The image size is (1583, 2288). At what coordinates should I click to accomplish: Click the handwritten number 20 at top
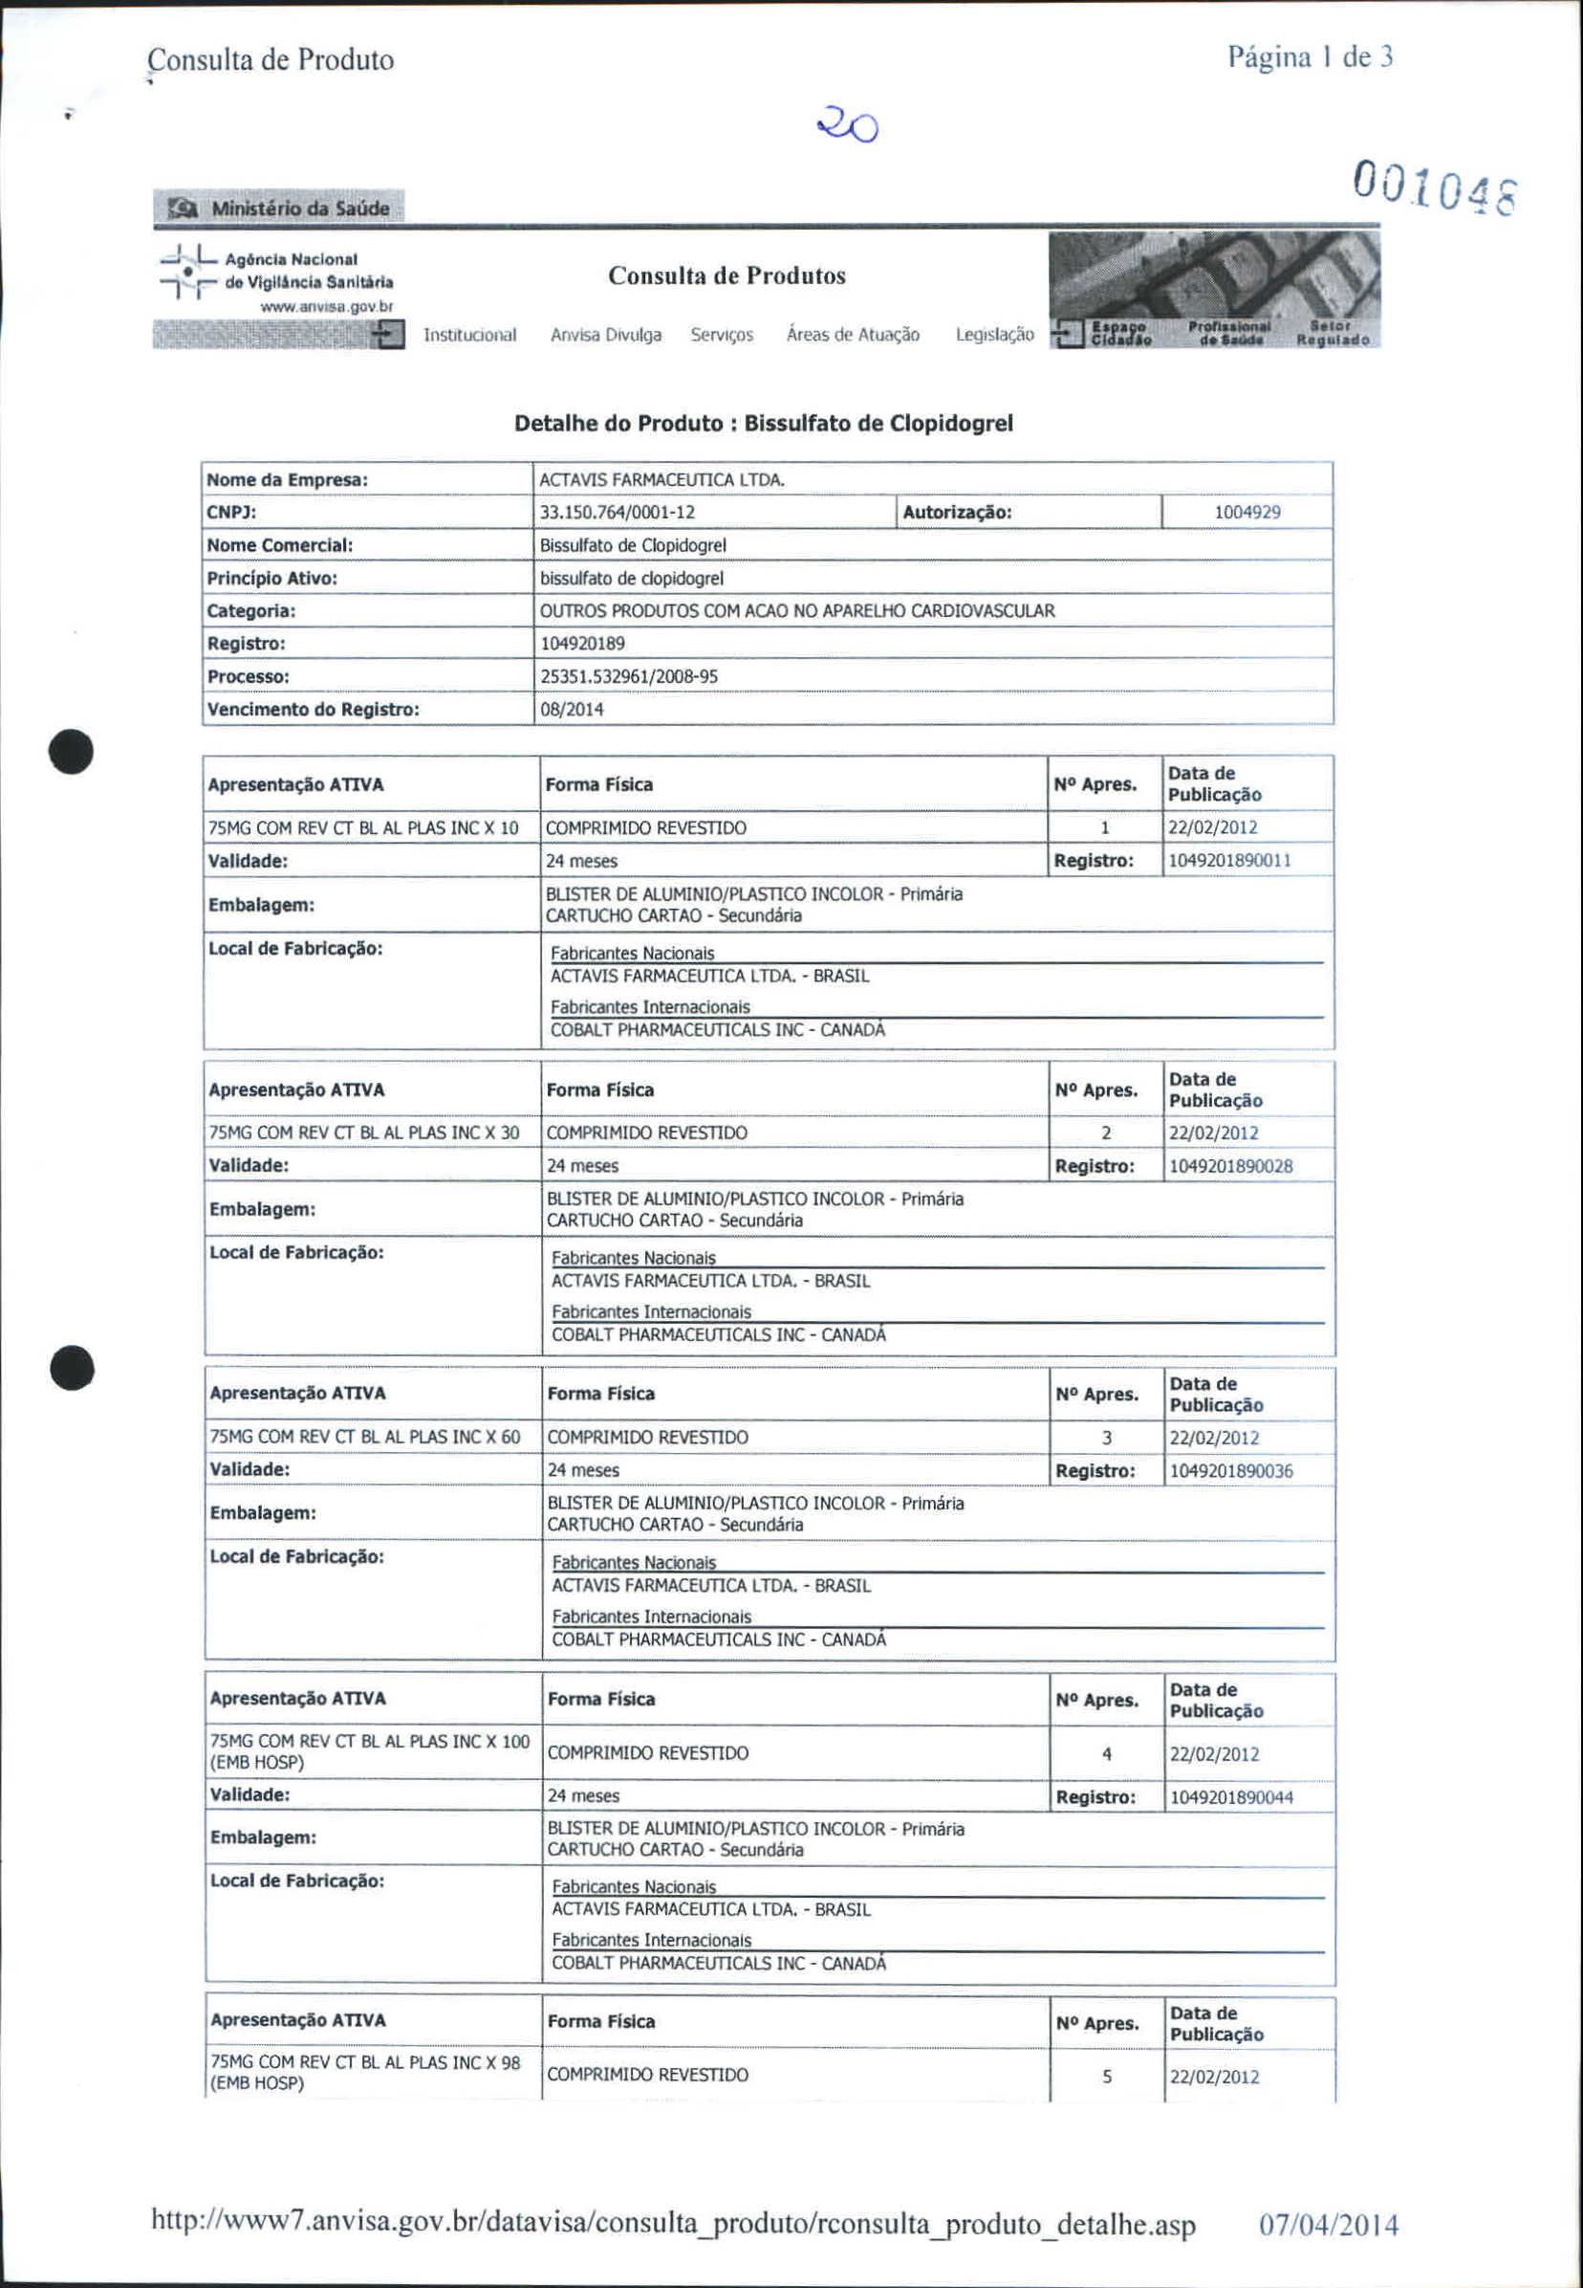847,127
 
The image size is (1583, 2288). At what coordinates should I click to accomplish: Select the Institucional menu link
469,336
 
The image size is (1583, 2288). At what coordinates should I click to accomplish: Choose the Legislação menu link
994,336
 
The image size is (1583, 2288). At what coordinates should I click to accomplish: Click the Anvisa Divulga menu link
605,336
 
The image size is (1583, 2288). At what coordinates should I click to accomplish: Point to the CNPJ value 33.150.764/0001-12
617,513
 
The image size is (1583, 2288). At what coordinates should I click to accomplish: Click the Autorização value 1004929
1247,513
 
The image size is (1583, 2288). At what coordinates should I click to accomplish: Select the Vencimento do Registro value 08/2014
572,710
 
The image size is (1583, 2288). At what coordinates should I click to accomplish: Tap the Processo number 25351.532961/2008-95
629,676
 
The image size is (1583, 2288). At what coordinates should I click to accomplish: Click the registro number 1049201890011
1229,860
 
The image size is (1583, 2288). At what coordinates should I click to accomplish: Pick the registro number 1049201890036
1231,1470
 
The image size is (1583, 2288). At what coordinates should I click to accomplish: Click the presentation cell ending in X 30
364,1133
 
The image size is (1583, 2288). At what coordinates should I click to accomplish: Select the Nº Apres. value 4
1106,1754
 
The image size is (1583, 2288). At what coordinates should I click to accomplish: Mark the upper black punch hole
73,751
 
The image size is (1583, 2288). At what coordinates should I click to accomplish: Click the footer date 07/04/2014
1328,2225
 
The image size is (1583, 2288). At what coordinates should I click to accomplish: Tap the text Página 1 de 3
1310,57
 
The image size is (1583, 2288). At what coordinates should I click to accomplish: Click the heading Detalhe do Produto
763,424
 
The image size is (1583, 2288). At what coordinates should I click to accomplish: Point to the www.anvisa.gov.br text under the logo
326,308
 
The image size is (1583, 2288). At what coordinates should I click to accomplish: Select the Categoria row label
251,611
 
